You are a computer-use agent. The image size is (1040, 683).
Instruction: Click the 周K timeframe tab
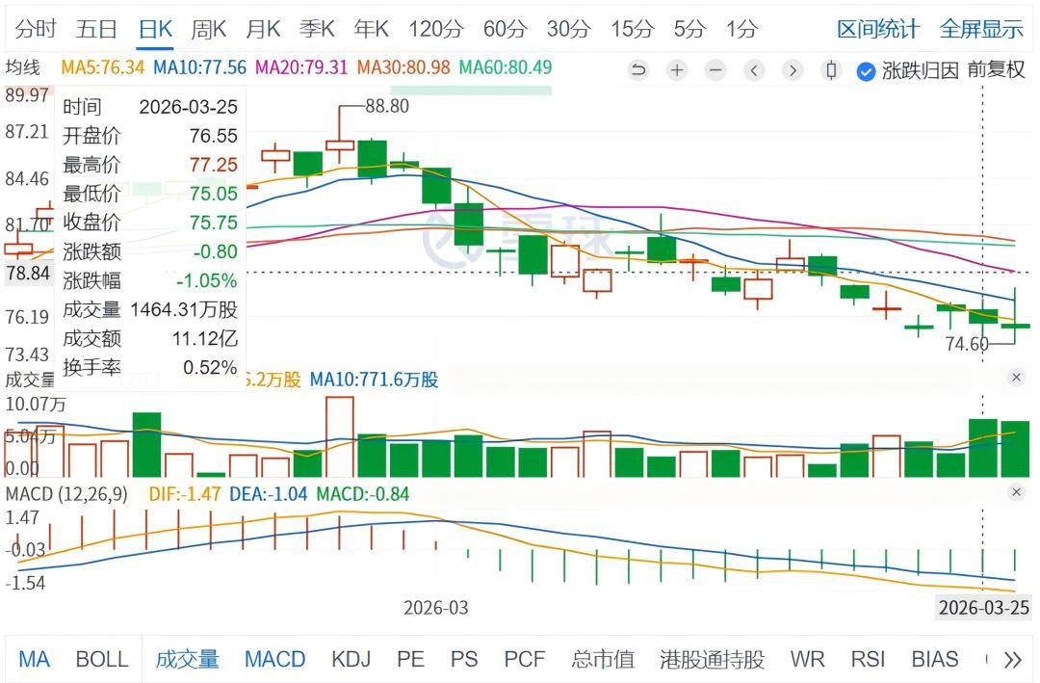(x=208, y=29)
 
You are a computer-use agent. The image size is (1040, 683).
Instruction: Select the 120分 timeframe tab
(x=435, y=29)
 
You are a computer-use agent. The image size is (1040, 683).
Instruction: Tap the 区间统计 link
(x=877, y=29)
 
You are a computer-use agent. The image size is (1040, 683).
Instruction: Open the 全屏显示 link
(x=981, y=29)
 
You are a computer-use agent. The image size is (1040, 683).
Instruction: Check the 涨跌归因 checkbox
(x=866, y=70)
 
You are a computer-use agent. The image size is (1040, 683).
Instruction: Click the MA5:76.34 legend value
(x=103, y=68)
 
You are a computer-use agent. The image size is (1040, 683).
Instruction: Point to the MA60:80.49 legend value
(x=505, y=68)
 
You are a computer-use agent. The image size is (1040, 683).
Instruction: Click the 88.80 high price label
(x=387, y=106)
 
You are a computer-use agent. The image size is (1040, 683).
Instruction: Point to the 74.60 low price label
(x=967, y=344)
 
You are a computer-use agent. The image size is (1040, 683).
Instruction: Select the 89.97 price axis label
(x=27, y=95)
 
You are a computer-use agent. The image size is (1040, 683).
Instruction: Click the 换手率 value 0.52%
(x=210, y=367)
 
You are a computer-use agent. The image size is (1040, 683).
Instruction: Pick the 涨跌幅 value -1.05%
(x=206, y=280)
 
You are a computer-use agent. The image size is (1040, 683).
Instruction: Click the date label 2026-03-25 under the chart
(x=983, y=608)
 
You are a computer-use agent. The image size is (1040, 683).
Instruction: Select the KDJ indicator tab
(x=351, y=660)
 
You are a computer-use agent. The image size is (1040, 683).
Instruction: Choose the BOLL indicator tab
(x=101, y=660)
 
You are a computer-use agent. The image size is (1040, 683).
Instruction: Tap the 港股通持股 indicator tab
(x=712, y=660)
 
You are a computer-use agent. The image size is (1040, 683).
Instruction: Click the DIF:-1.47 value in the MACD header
(x=185, y=494)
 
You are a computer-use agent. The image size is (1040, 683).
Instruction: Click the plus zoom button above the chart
(x=677, y=70)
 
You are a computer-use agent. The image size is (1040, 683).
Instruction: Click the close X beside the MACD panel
(x=1016, y=492)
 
